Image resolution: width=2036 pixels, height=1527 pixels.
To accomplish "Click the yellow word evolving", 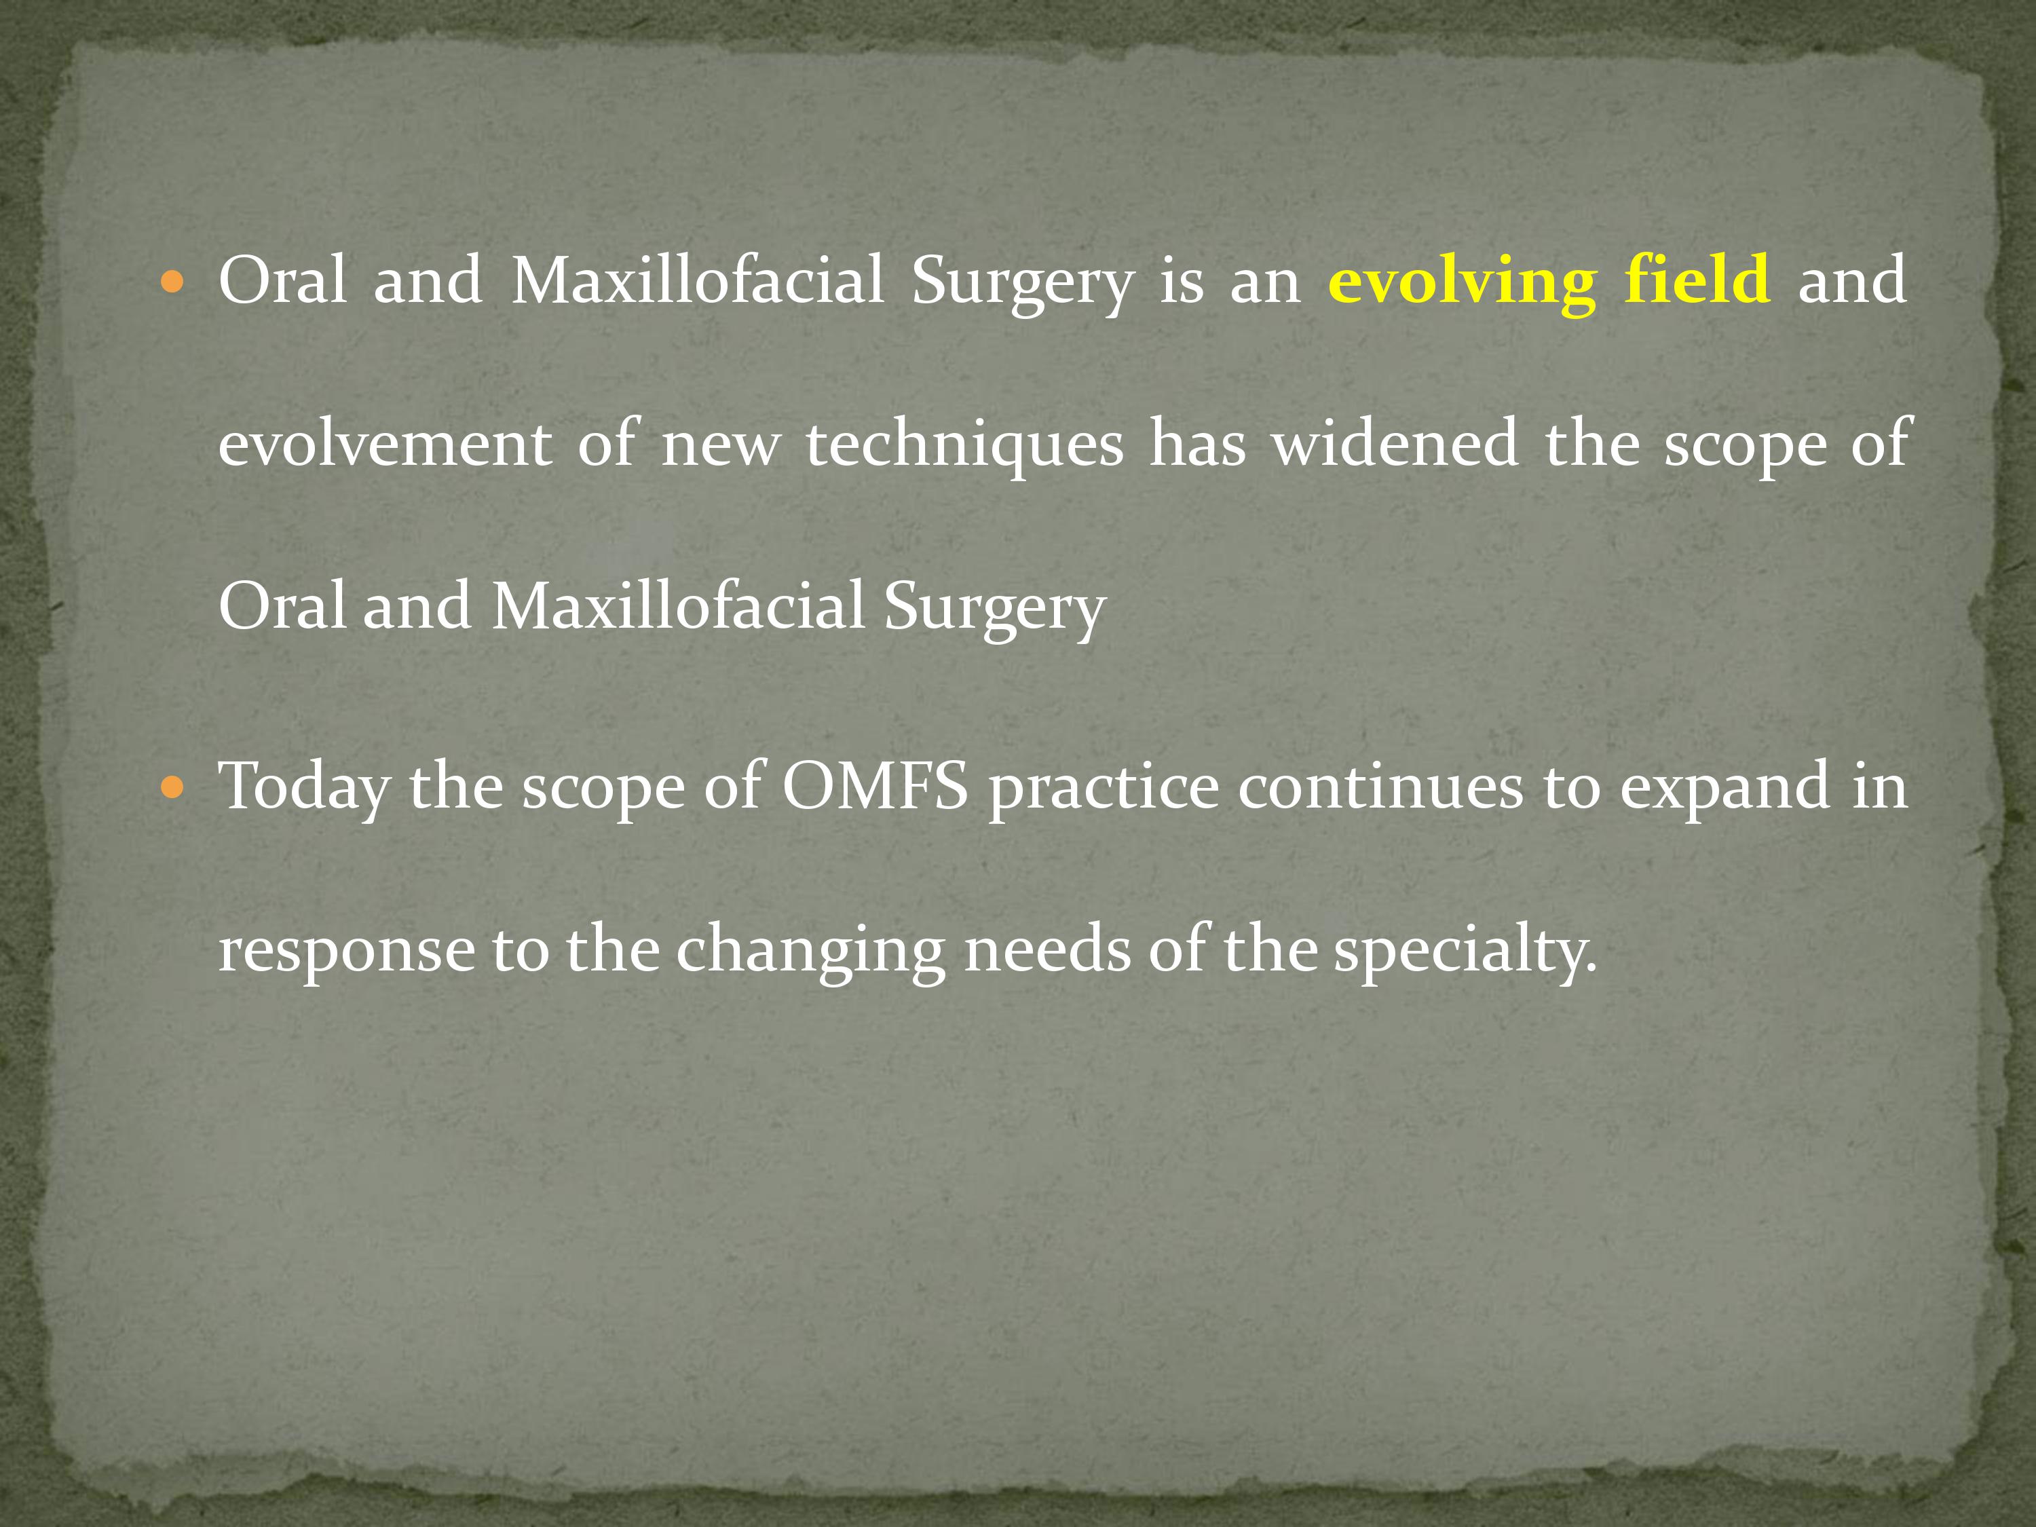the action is coord(1462,282).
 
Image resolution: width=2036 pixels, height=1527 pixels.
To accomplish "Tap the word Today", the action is coord(304,790).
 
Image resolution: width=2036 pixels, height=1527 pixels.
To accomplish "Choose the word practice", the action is coord(1104,790).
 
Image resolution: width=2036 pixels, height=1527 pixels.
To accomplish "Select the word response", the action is coord(346,954).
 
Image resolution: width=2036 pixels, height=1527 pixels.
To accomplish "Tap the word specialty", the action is coord(1465,951).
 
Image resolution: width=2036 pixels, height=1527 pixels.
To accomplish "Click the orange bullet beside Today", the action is coord(172,789).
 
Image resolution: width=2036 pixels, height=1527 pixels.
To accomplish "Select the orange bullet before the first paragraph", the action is coord(172,282).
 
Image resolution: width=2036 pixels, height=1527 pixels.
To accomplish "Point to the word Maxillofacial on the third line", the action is coord(679,605).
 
